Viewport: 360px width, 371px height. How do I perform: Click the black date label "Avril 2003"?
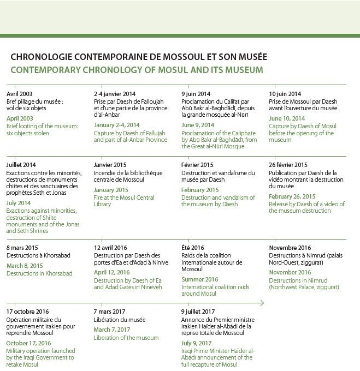tap(20, 94)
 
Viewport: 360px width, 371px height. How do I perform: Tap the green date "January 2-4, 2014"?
tap(116, 125)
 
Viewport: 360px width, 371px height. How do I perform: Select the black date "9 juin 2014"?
tap(196, 94)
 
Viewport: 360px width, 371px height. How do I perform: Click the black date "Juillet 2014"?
tap(21, 165)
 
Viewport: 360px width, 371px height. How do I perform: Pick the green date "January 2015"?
tap(111, 189)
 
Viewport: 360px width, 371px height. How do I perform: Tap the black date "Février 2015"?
tap(197, 165)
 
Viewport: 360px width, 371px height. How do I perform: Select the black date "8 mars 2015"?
tap(22, 248)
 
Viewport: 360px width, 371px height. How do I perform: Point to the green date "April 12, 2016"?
tap(111, 273)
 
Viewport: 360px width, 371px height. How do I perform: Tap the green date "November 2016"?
tap(290, 272)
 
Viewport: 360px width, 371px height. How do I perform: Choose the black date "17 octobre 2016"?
tap(27, 312)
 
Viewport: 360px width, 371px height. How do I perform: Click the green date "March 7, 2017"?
tap(113, 330)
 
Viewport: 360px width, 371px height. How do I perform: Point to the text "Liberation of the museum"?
tap(126, 338)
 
